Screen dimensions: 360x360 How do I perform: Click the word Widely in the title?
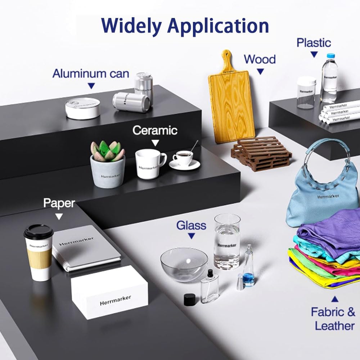pos(131,26)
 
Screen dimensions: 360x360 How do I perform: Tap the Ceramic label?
pos(155,130)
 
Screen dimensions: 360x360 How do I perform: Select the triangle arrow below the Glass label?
pos(192,236)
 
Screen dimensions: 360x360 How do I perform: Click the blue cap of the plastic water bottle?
pos(331,56)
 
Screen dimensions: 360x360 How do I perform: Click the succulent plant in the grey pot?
pos(107,151)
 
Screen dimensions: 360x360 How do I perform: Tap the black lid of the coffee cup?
pos(39,231)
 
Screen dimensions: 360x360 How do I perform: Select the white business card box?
pos(109,292)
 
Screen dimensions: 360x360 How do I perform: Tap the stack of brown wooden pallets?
pos(261,153)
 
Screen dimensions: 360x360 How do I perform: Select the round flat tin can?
pos(83,108)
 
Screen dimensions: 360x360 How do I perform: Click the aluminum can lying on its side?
pos(131,102)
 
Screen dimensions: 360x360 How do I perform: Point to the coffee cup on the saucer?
pos(183,157)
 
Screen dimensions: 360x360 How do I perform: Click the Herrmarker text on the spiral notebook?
pos(76,241)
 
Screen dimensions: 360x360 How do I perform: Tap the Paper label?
pos(59,203)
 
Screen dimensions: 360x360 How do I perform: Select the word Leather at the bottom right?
pos(335,326)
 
